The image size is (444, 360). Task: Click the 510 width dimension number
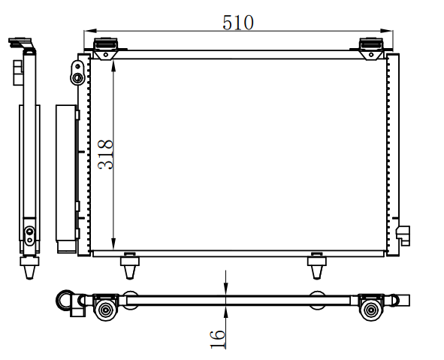click(238, 23)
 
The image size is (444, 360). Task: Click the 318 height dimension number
click(105, 155)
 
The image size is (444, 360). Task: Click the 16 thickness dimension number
click(217, 339)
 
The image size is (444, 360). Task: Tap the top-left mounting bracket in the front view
click(106, 49)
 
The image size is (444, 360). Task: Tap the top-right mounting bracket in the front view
click(371, 49)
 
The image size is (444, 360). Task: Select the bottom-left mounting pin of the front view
click(130, 265)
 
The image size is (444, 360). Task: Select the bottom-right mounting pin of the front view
click(317, 265)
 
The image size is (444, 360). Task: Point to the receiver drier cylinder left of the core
click(66, 179)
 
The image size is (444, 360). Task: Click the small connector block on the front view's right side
click(403, 236)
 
